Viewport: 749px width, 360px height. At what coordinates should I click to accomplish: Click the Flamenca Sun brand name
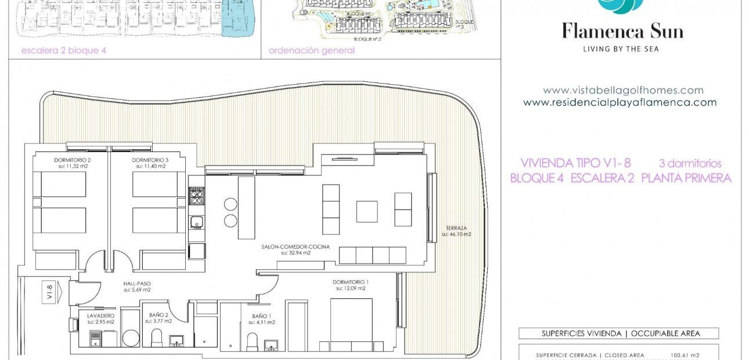coord(622,31)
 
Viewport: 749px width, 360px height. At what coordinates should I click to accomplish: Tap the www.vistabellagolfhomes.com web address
coord(623,91)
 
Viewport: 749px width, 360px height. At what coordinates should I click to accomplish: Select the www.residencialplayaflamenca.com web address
coord(620,103)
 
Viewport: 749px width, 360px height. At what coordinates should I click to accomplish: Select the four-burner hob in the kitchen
coord(197,196)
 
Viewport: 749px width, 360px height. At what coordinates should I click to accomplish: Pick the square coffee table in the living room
coord(366,211)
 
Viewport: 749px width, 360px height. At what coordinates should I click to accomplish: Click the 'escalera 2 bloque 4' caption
coord(64,51)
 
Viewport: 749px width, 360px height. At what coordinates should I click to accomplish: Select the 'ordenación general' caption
coord(311,51)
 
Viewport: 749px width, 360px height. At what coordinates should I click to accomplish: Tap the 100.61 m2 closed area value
coord(685,355)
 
